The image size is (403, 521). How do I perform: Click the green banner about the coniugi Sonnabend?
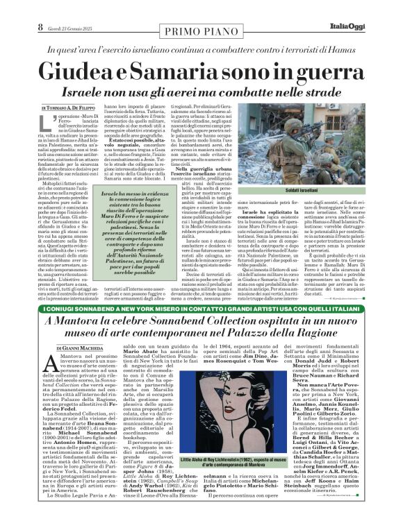click(x=201, y=307)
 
